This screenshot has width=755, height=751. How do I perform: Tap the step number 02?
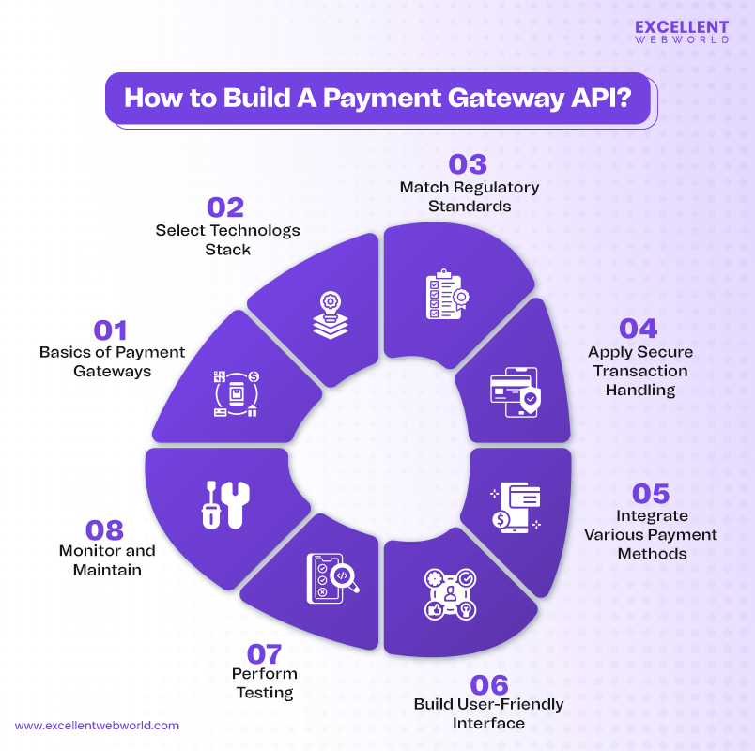(x=225, y=207)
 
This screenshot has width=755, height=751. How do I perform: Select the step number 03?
(x=469, y=163)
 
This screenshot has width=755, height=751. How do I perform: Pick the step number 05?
(x=652, y=493)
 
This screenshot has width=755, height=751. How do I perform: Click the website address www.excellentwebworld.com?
(x=97, y=725)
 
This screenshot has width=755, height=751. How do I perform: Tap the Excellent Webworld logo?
(x=681, y=35)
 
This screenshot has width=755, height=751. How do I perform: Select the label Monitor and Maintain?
(x=107, y=559)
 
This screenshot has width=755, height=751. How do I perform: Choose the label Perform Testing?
(x=264, y=683)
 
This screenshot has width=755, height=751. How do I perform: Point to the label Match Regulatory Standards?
(x=469, y=196)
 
